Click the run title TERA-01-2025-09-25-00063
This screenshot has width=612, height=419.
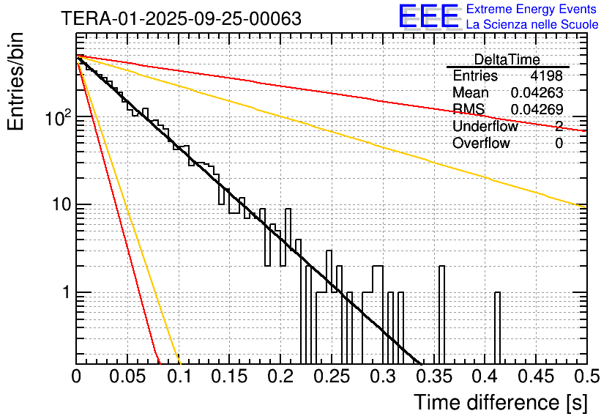(181, 18)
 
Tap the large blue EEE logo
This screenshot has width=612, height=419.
(428, 17)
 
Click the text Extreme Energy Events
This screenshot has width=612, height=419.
(532, 10)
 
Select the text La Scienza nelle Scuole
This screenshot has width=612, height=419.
(532, 24)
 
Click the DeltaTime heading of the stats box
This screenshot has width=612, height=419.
(507, 59)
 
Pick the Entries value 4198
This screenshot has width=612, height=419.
(547, 76)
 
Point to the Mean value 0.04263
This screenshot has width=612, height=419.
(537, 93)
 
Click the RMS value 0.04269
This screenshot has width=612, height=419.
(537, 110)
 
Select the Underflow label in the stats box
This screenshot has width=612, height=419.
(485, 127)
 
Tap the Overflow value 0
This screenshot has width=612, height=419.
(559, 144)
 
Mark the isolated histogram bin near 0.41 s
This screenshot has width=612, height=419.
(497, 326)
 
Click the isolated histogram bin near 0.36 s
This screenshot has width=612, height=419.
(441, 311)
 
